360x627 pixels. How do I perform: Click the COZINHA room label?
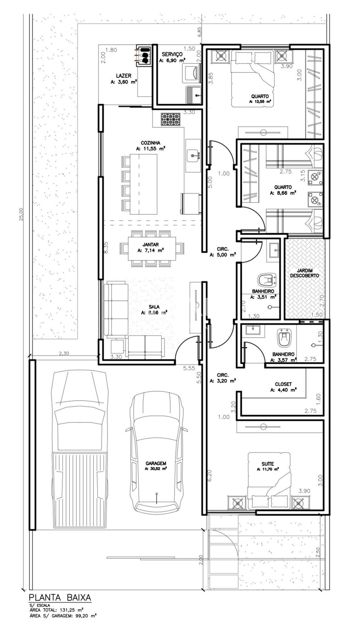click(150, 143)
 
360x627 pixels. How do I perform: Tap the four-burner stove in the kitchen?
click(171, 120)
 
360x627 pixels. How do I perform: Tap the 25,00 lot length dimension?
click(21, 215)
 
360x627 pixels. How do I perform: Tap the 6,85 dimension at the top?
click(200, 33)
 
